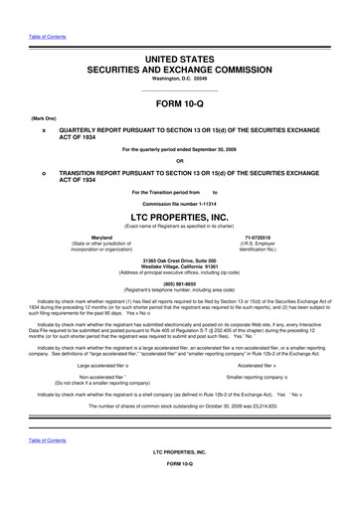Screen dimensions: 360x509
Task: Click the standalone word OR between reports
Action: [x=180, y=162]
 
